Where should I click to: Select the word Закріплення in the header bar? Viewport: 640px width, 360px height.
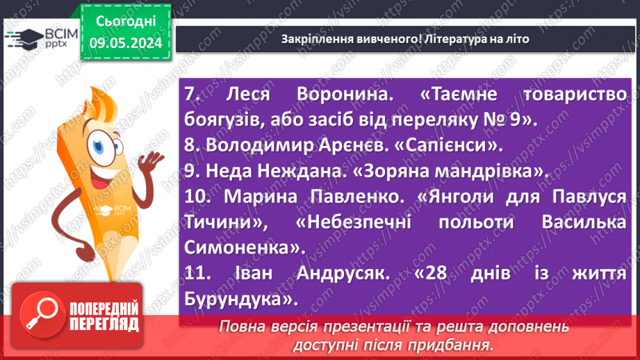click(x=310, y=39)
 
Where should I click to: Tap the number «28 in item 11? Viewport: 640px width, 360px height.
click(x=432, y=274)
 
